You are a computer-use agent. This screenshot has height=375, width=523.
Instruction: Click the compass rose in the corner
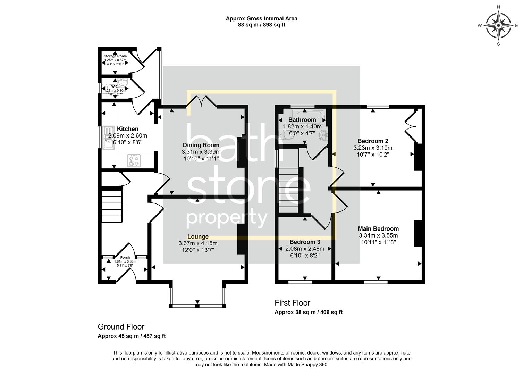tap(498, 25)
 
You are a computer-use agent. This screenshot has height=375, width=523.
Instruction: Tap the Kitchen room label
tap(128, 129)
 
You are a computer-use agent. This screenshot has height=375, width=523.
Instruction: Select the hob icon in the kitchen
tap(134, 160)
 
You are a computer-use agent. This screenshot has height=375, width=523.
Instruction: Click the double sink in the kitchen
tap(108, 137)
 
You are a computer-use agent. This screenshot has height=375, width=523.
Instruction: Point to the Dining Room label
tap(201, 145)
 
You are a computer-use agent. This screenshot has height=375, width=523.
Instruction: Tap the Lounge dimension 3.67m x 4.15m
tap(198, 243)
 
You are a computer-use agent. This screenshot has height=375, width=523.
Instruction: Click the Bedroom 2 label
tap(373, 141)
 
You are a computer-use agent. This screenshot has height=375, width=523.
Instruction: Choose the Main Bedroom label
tap(378, 229)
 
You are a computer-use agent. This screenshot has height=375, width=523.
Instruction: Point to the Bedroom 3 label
tap(305, 242)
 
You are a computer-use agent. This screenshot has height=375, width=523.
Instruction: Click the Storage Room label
tap(115, 56)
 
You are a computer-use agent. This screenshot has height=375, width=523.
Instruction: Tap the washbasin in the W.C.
tap(123, 82)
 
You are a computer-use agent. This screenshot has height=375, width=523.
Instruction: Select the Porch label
tap(125, 258)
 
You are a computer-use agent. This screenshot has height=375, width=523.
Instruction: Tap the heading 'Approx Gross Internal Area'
tap(261, 19)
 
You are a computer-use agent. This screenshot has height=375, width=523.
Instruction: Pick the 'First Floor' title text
tap(292, 303)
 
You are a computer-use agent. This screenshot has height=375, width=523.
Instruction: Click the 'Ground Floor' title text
tap(121, 327)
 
